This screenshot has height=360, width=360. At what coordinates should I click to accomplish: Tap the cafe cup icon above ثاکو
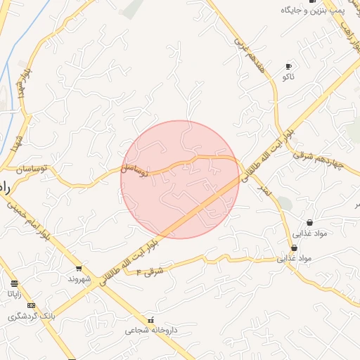pyautogui.click(x=288, y=66)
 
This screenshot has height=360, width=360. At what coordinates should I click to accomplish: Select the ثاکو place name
pyautogui.click(x=288, y=75)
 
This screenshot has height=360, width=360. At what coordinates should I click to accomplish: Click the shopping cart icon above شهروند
pyautogui.click(x=78, y=269)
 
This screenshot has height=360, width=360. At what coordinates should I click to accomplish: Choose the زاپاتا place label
pyautogui.click(x=14, y=293)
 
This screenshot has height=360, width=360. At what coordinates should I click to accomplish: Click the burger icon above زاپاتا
pyautogui.click(x=14, y=283)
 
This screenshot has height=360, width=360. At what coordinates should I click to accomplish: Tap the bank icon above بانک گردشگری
pyautogui.click(x=31, y=305)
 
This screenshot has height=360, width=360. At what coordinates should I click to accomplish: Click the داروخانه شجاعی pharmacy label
pyautogui.click(x=148, y=329)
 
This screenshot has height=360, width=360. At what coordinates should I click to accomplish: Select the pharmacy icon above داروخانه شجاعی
pyautogui.click(x=149, y=319)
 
